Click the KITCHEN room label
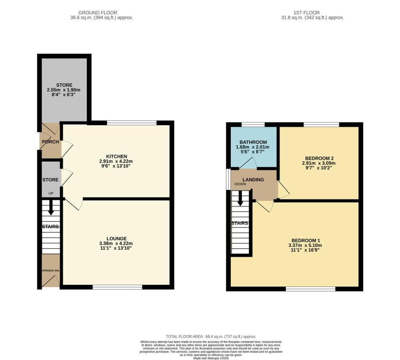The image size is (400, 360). click(x=116, y=156)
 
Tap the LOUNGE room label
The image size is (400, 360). click(x=116, y=239)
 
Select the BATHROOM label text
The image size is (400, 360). click(x=253, y=142)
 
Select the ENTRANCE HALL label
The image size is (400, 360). click(x=50, y=270)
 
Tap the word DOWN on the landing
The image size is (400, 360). click(x=240, y=184)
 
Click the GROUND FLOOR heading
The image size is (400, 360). click(x=98, y=12)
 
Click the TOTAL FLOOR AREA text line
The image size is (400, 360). click(x=211, y=336)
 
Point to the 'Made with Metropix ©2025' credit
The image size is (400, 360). click(x=211, y=358)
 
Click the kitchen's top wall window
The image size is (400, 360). click(x=132, y=123)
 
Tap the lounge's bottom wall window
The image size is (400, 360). click(x=117, y=287)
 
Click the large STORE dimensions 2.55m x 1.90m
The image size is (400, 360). click(x=64, y=90)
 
